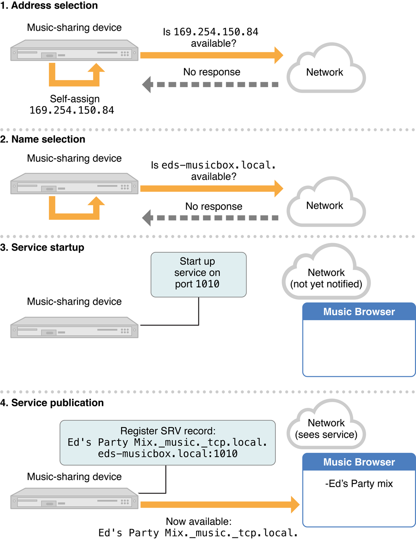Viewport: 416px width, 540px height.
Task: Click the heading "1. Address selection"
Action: click(x=49, y=6)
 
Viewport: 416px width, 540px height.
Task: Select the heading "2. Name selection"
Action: click(x=43, y=139)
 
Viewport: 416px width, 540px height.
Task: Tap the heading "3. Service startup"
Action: click(x=42, y=248)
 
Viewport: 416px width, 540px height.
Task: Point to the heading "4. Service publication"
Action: click(x=52, y=403)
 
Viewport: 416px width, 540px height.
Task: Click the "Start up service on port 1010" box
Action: click(x=198, y=274)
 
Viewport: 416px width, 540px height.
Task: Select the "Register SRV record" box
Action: click(x=168, y=442)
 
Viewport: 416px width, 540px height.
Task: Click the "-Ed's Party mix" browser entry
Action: click(x=359, y=484)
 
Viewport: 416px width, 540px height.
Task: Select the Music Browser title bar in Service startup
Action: click(x=359, y=312)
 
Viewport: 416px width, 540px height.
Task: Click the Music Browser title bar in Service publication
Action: click(x=359, y=462)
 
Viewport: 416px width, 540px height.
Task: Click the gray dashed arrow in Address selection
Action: click(x=211, y=84)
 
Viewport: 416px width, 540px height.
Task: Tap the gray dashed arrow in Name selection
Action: click(x=211, y=218)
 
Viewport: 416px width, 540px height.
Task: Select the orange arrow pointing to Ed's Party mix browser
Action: click(x=219, y=504)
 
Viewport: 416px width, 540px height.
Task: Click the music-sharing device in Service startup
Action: click(x=74, y=328)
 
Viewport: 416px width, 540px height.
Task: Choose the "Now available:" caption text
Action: click(x=198, y=521)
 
